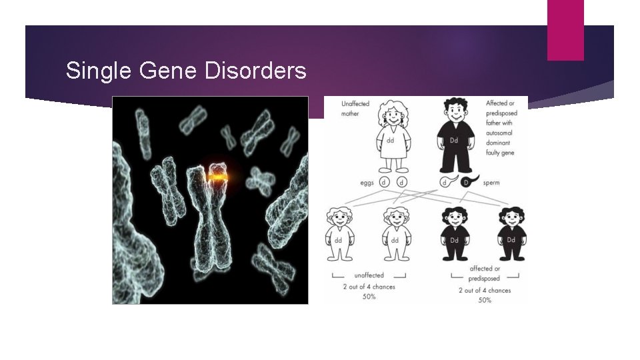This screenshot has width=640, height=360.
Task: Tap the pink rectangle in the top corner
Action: click(x=565, y=30)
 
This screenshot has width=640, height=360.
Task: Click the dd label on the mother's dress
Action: click(x=389, y=141)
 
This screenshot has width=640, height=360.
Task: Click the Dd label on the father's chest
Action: click(x=454, y=141)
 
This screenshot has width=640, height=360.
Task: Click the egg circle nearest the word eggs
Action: click(x=384, y=181)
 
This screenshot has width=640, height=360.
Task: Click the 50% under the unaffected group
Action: click(x=369, y=297)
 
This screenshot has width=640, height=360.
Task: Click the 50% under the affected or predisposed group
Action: click(x=485, y=300)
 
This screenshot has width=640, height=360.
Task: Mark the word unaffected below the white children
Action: click(x=369, y=275)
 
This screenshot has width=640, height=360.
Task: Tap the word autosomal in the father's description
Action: click(x=501, y=133)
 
